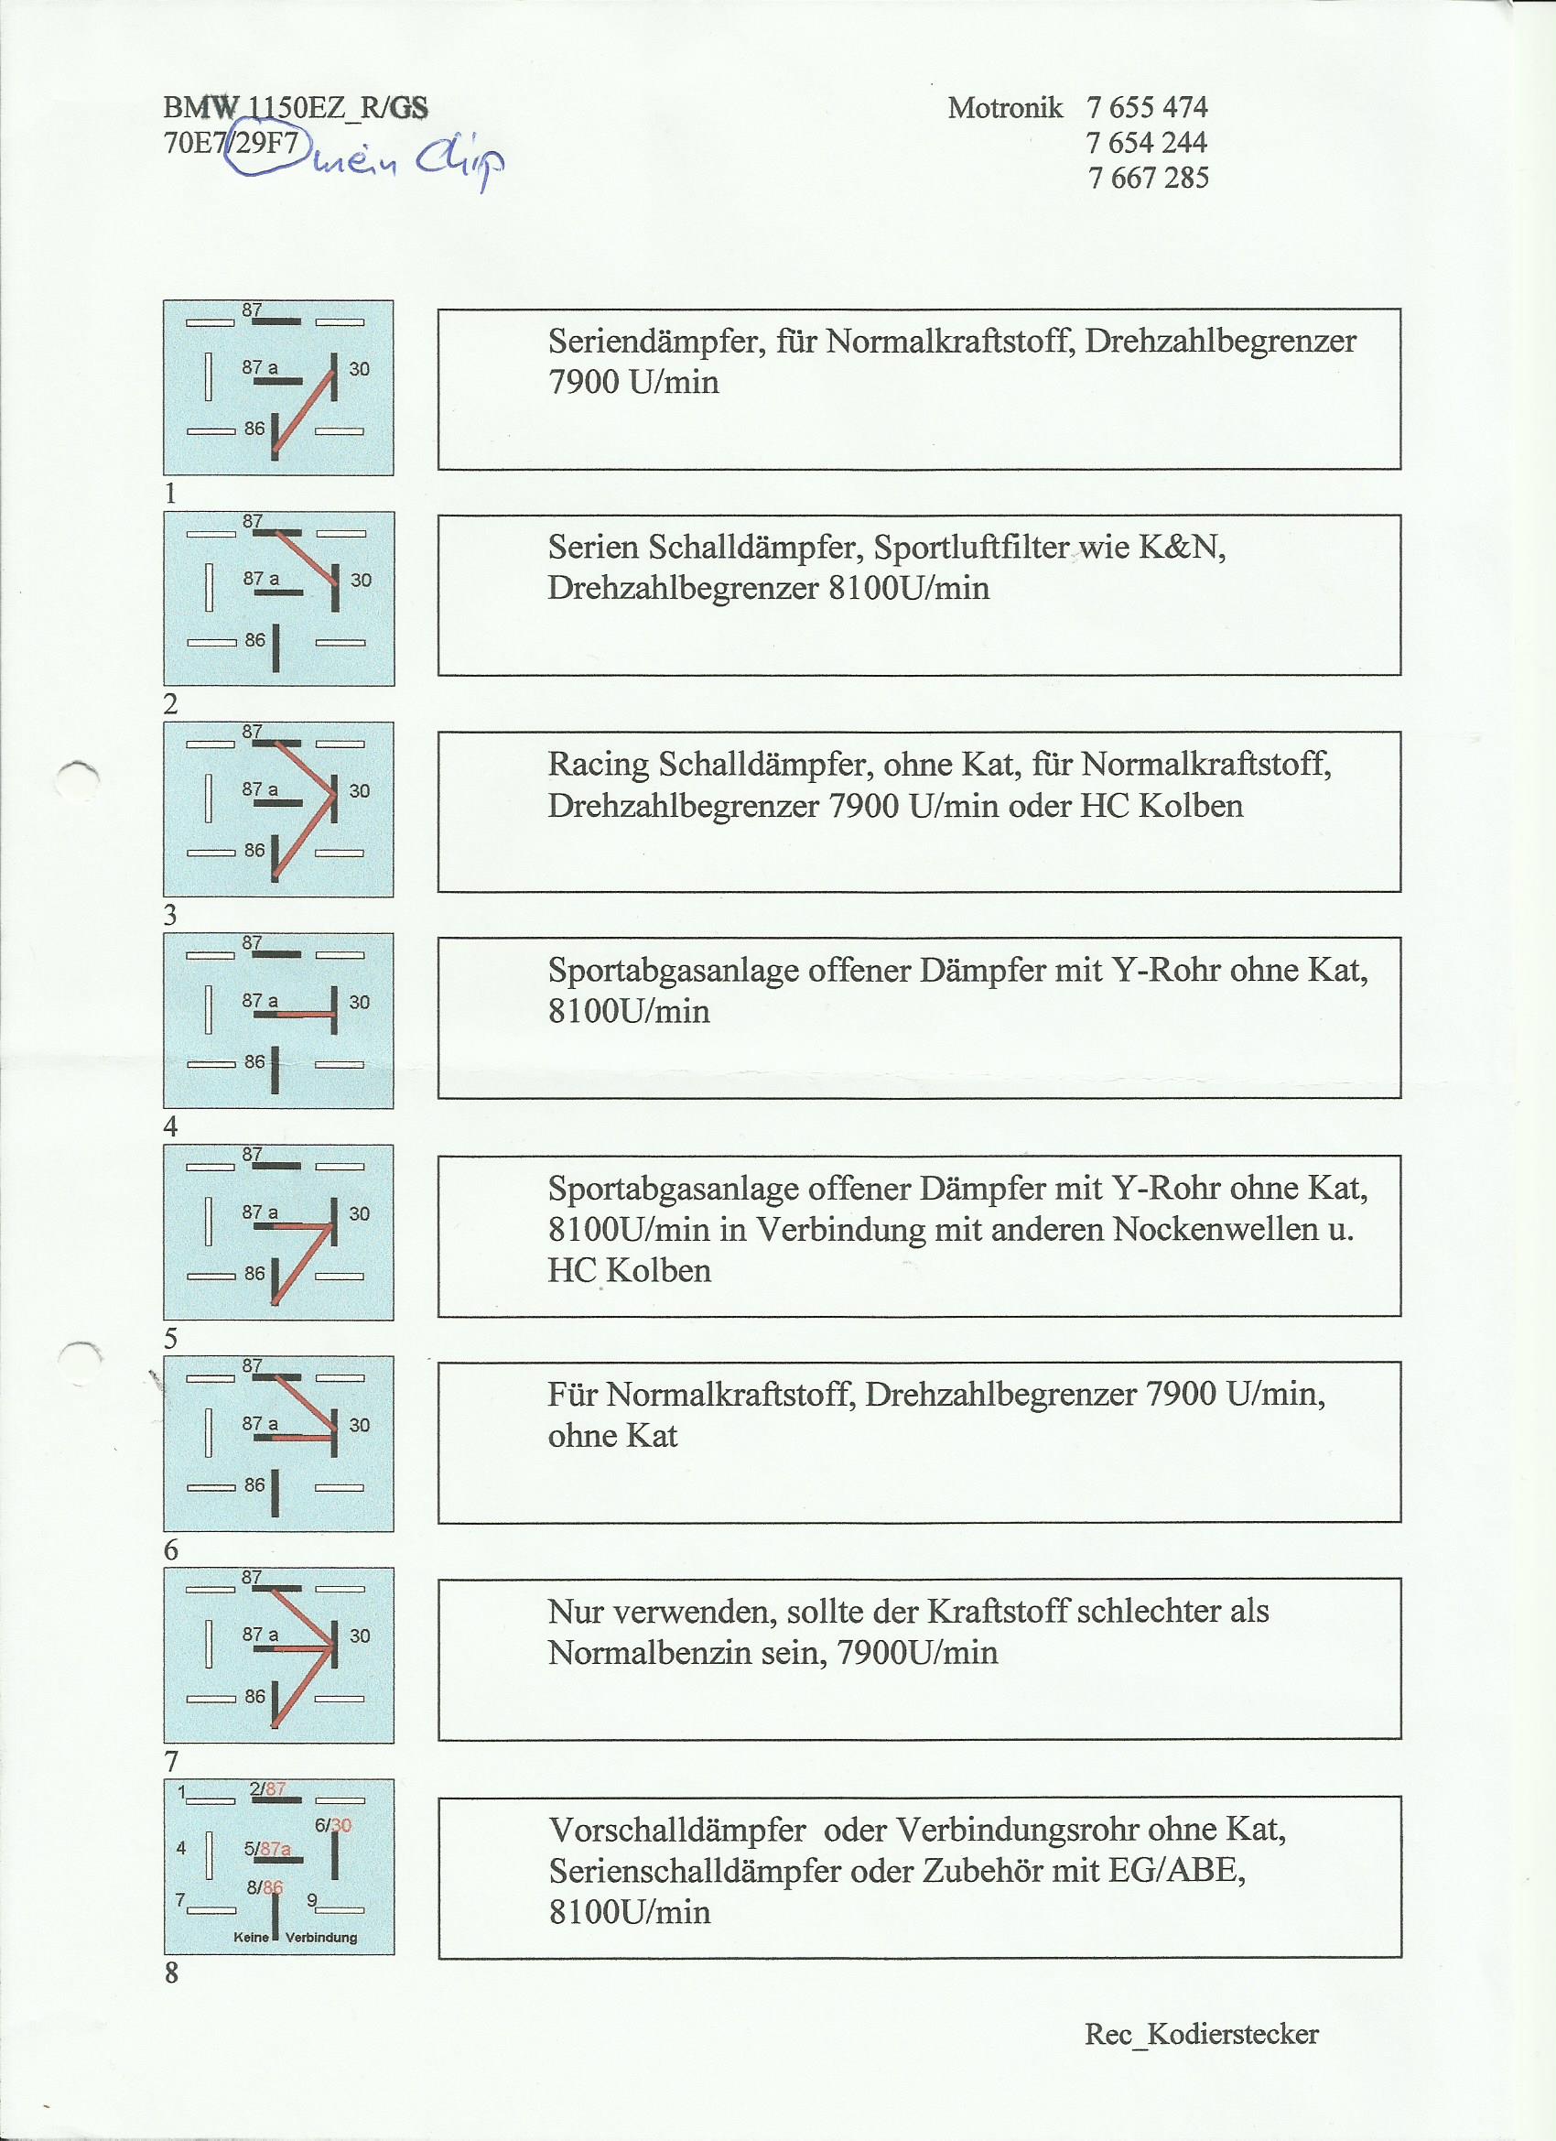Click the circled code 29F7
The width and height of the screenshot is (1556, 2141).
[266, 143]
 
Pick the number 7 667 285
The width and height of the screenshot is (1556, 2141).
[1148, 178]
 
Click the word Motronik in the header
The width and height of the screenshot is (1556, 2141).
[1005, 108]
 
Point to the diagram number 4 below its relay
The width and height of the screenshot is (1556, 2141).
[171, 1125]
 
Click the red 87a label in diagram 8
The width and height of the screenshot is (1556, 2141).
[275, 1848]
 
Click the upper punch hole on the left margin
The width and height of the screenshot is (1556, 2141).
[78, 778]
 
